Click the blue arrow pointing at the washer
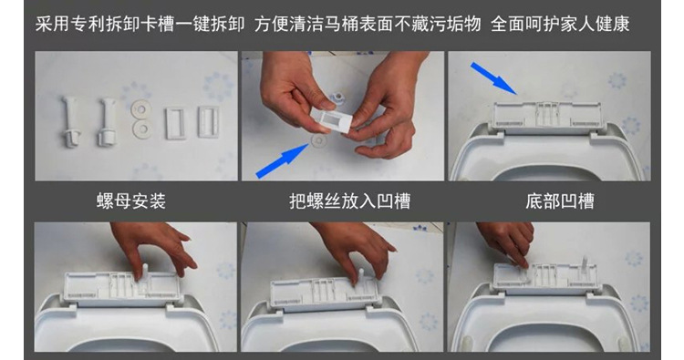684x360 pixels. coord(282,159)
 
